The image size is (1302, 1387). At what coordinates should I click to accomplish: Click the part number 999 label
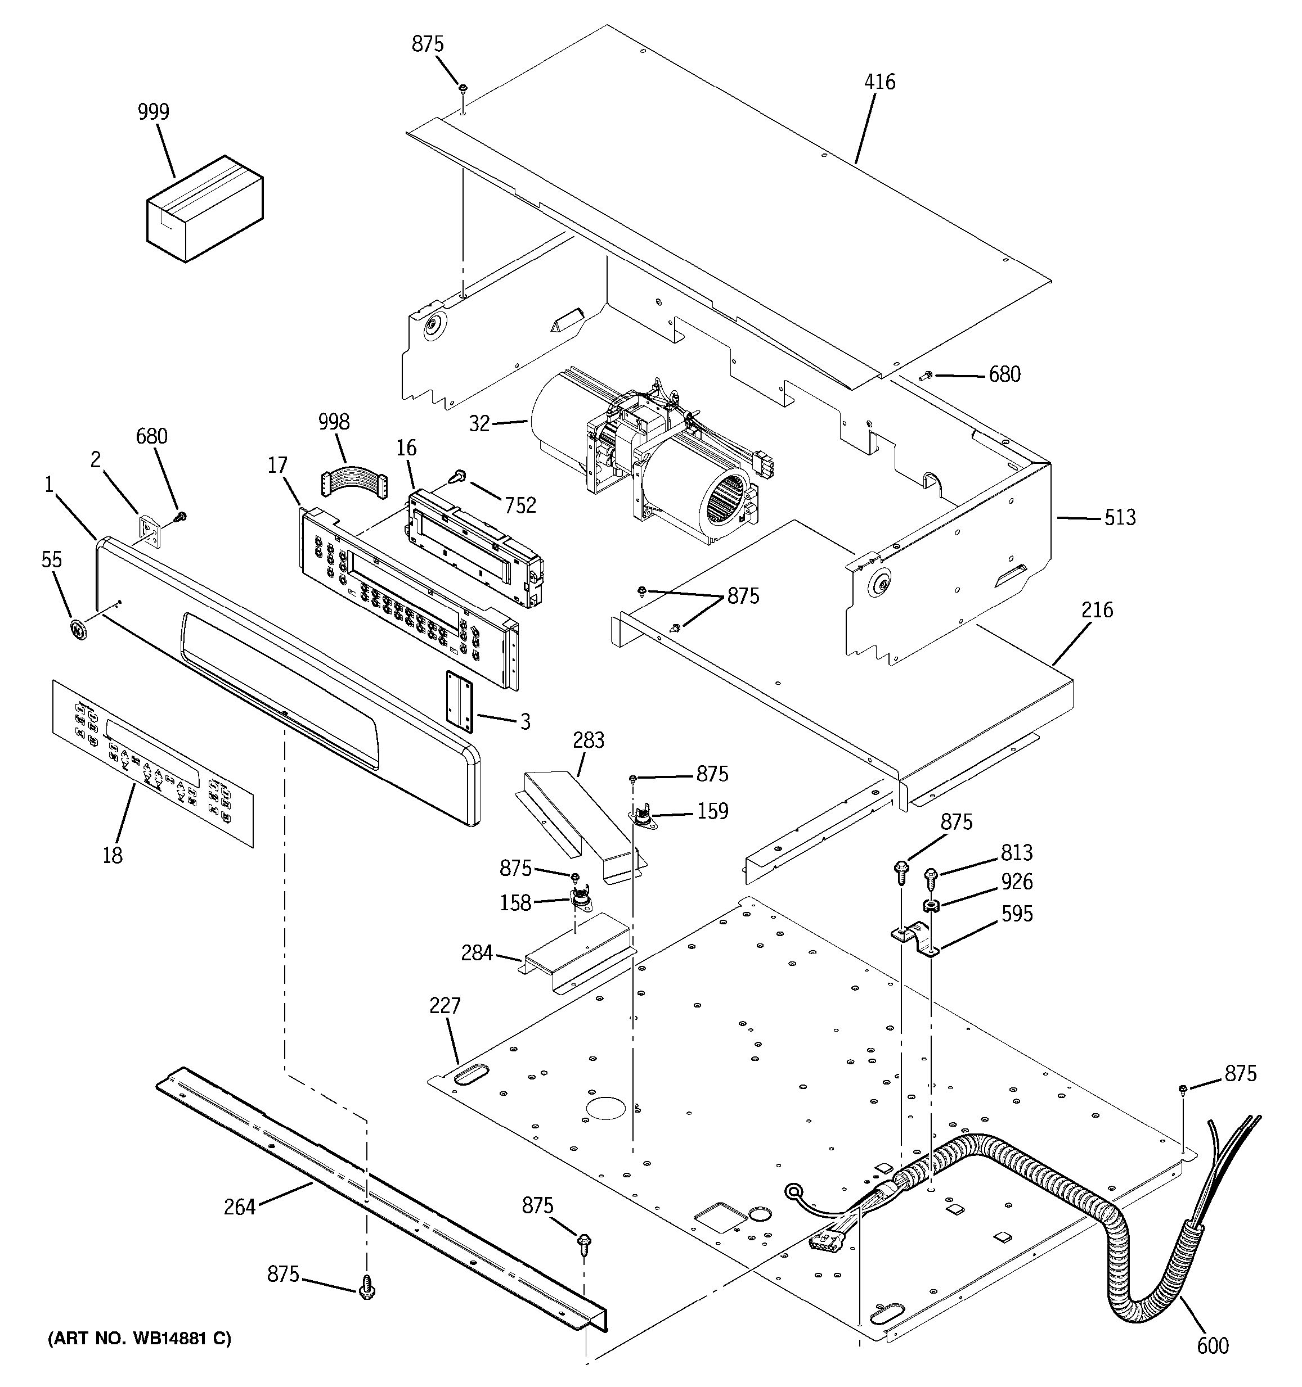click(x=153, y=112)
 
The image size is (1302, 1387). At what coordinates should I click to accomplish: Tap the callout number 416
click(x=879, y=82)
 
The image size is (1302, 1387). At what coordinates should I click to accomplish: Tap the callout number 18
click(x=113, y=855)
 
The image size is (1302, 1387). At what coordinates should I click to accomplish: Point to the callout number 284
click(x=477, y=953)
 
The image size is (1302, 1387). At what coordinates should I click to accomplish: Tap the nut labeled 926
click(x=931, y=906)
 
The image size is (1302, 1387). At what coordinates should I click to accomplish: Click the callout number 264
click(x=240, y=1207)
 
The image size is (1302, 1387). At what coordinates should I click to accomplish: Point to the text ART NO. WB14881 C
click(x=140, y=1338)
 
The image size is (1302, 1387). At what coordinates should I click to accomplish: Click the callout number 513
click(x=1120, y=518)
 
